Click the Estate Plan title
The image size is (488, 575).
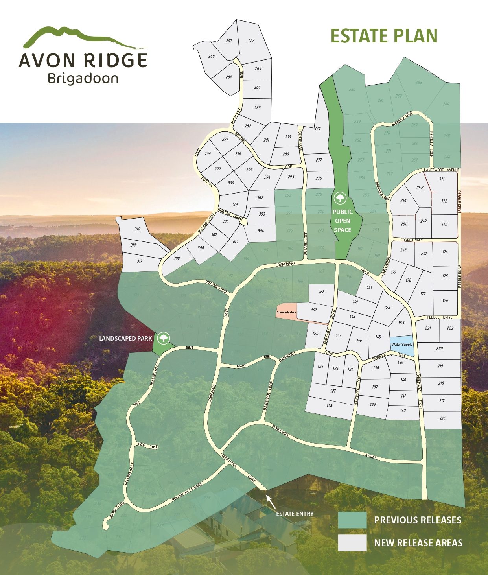tap(384, 36)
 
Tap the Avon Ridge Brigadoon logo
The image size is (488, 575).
tap(83, 55)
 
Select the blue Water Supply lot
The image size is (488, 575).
tap(402, 345)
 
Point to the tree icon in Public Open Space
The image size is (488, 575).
tap(339, 198)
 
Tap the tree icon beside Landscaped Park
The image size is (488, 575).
tap(163, 338)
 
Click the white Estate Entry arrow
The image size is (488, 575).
tap(271, 501)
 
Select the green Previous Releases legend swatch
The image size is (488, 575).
tap(352, 520)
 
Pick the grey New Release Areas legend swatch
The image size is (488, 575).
tap(352, 543)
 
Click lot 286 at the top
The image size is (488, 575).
tap(251, 41)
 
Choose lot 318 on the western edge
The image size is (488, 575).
tap(137, 229)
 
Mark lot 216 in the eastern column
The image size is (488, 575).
tap(442, 418)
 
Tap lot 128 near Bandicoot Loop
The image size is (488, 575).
tap(330, 406)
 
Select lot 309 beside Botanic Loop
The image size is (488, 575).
tap(177, 258)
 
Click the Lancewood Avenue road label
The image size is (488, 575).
tap(442, 170)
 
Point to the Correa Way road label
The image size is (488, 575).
tap(412, 240)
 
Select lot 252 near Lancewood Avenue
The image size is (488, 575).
tap(420, 188)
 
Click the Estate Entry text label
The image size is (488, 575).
tap(295, 514)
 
